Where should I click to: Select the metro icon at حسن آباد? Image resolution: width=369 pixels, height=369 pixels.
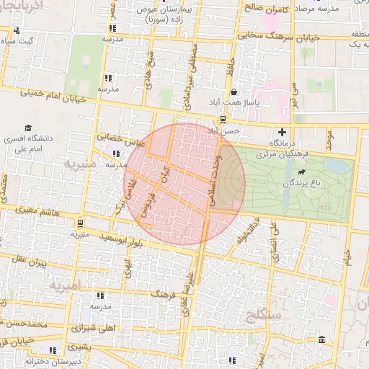tap(223, 119)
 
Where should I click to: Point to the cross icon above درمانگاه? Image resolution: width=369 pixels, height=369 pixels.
tap(282, 133)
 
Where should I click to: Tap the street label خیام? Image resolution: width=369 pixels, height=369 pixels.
tap(348, 255)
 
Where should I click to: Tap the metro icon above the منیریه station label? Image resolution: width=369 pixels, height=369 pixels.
tap(80, 223)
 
